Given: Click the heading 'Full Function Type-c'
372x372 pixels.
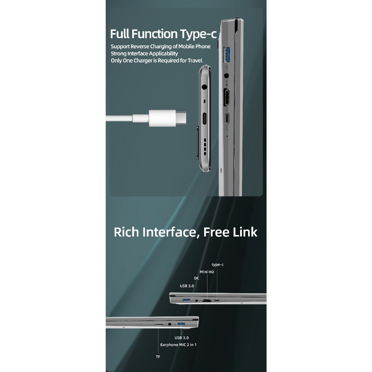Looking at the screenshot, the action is (x=163, y=34).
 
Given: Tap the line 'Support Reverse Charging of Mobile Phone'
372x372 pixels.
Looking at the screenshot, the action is (x=161, y=46).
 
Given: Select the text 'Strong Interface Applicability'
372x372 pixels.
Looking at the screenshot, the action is (x=144, y=53).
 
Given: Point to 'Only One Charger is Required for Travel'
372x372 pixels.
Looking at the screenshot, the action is (x=156, y=61).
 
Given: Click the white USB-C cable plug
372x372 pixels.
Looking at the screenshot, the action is (x=167, y=118).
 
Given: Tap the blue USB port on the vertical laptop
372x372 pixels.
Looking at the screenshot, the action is (x=227, y=55).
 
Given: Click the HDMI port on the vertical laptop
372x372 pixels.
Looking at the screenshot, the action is (x=227, y=97).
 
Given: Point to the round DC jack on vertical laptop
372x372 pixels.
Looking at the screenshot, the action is (x=227, y=76).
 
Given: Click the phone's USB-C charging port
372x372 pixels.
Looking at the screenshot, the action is (x=204, y=119).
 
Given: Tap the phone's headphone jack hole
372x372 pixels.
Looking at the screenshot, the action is (x=204, y=87).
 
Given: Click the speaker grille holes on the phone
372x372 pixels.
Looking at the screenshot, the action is (x=205, y=147).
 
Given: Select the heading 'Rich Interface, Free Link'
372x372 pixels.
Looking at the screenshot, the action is (x=186, y=232).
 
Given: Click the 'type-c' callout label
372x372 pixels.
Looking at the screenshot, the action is (x=218, y=264).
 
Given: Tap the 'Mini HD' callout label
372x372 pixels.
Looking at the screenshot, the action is (x=207, y=272).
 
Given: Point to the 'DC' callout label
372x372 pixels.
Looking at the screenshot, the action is (x=197, y=278).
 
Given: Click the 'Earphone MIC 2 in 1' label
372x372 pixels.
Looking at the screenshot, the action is (x=178, y=345).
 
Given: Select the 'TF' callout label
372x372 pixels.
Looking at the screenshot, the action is (x=158, y=357).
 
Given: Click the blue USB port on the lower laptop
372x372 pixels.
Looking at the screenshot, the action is (x=181, y=324).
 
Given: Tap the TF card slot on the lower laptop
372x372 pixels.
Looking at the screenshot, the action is (x=159, y=324).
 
